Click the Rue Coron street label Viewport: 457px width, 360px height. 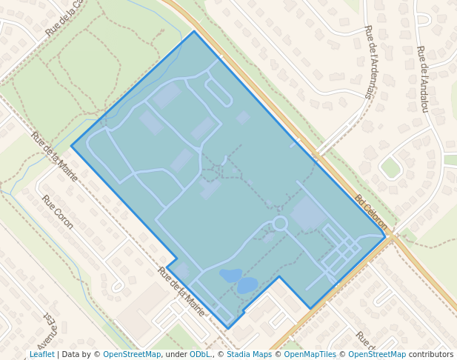pyautogui.click(x=57, y=212)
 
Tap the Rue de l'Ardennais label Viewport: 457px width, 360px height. pyautogui.click(x=370, y=62)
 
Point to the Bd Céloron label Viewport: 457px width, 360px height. pyautogui.click(x=371, y=212)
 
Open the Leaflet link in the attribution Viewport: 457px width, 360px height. pyautogui.click(x=41, y=355)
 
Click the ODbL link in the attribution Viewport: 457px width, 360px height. pyautogui.click(x=199, y=355)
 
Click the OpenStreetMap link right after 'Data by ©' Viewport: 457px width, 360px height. pyautogui.click(x=131, y=355)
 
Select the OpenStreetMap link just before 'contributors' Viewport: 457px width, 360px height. pyautogui.click(x=376, y=355)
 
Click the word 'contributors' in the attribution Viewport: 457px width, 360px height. pyautogui.click(x=431, y=355)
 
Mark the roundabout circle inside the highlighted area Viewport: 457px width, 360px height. pyautogui.click(x=280, y=223)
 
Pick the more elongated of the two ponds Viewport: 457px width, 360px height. pyautogui.click(x=230, y=275)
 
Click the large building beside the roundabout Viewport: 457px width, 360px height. pyautogui.click(x=307, y=213)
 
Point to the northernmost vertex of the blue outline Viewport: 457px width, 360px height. pyautogui.click(x=194, y=31)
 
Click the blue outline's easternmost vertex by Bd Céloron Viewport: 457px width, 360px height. pyautogui.click(x=385, y=236)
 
